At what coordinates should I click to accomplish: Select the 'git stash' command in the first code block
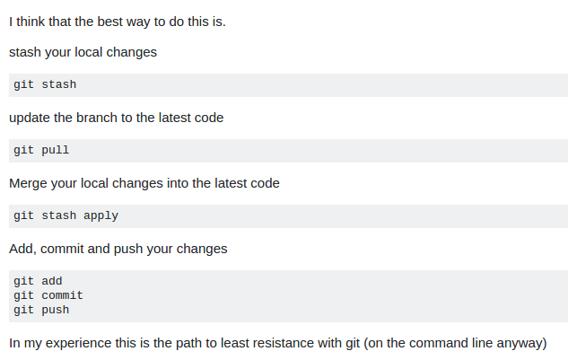point(45,84)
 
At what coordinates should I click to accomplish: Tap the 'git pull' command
point(41,151)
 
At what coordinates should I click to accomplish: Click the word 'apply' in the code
point(101,216)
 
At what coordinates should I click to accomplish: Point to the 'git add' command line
point(38,281)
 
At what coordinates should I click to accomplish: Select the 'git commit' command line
point(48,295)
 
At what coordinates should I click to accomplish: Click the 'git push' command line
point(41,311)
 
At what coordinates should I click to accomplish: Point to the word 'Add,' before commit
point(22,249)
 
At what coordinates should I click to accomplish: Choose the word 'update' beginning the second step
point(30,119)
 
